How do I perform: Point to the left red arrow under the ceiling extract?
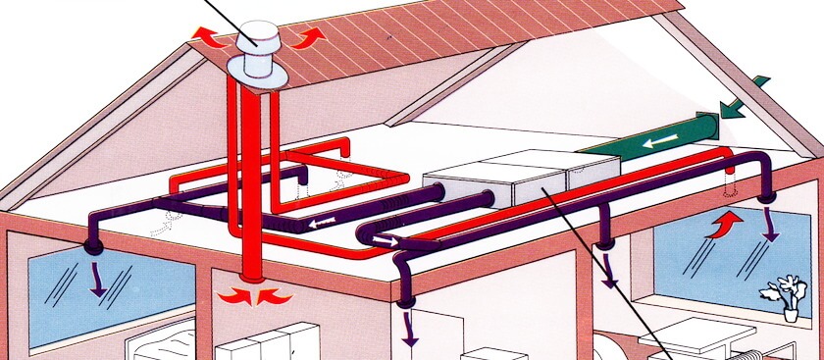pos(231,295)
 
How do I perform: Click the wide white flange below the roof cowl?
pos(258,70)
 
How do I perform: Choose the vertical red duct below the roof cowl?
pos(251,177)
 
